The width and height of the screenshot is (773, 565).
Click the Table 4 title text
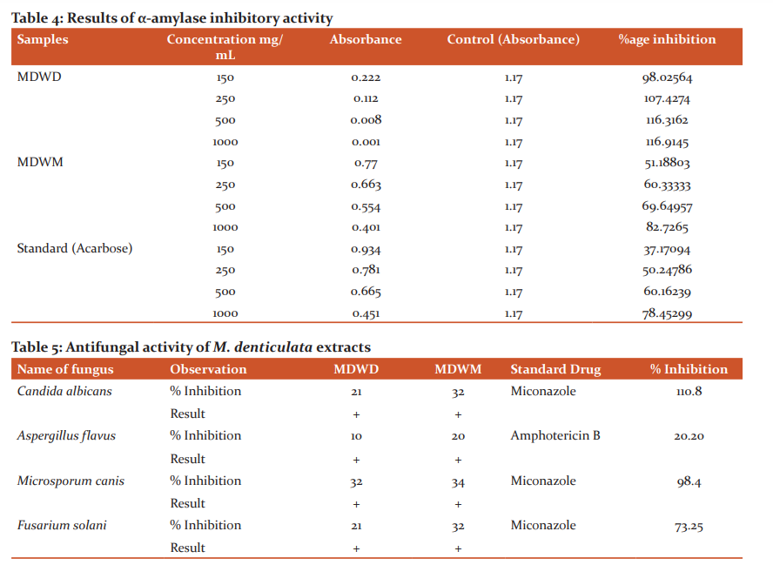click(x=172, y=18)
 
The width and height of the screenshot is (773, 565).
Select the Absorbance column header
click(x=366, y=39)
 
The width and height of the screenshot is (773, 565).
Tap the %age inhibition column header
click(x=667, y=40)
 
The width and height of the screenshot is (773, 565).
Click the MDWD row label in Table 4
click(x=39, y=77)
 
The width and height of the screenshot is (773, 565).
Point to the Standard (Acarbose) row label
click(x=75, y=248)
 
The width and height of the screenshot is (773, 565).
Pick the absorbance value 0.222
click(x=366, y=77)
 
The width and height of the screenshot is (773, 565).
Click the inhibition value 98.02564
click(x=667, y=77)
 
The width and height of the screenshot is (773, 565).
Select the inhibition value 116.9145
click(x=667, y=142)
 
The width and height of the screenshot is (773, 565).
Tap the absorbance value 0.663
click(x=366, y=185)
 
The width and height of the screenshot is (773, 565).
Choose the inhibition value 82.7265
click(x=667, y=227)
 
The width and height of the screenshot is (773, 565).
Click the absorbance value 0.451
click(x=366, y=313)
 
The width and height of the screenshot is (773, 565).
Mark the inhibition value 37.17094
click(x=667, y=250)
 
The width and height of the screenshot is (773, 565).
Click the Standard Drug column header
click(x=555, y=369)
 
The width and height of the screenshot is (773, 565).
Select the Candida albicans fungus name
click(x=64, y=391)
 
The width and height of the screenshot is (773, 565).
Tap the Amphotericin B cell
click(x=555, y=435)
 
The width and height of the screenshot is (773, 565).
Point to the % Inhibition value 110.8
click(x=689, y=392)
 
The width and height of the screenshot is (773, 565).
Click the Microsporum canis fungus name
click(x=71, y=481)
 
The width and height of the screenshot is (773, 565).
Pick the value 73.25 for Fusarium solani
click(x=689, y=526)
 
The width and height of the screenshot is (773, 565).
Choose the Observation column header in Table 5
click(x=208, y=369)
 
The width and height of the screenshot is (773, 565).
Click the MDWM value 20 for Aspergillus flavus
click(x=458, y=436)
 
